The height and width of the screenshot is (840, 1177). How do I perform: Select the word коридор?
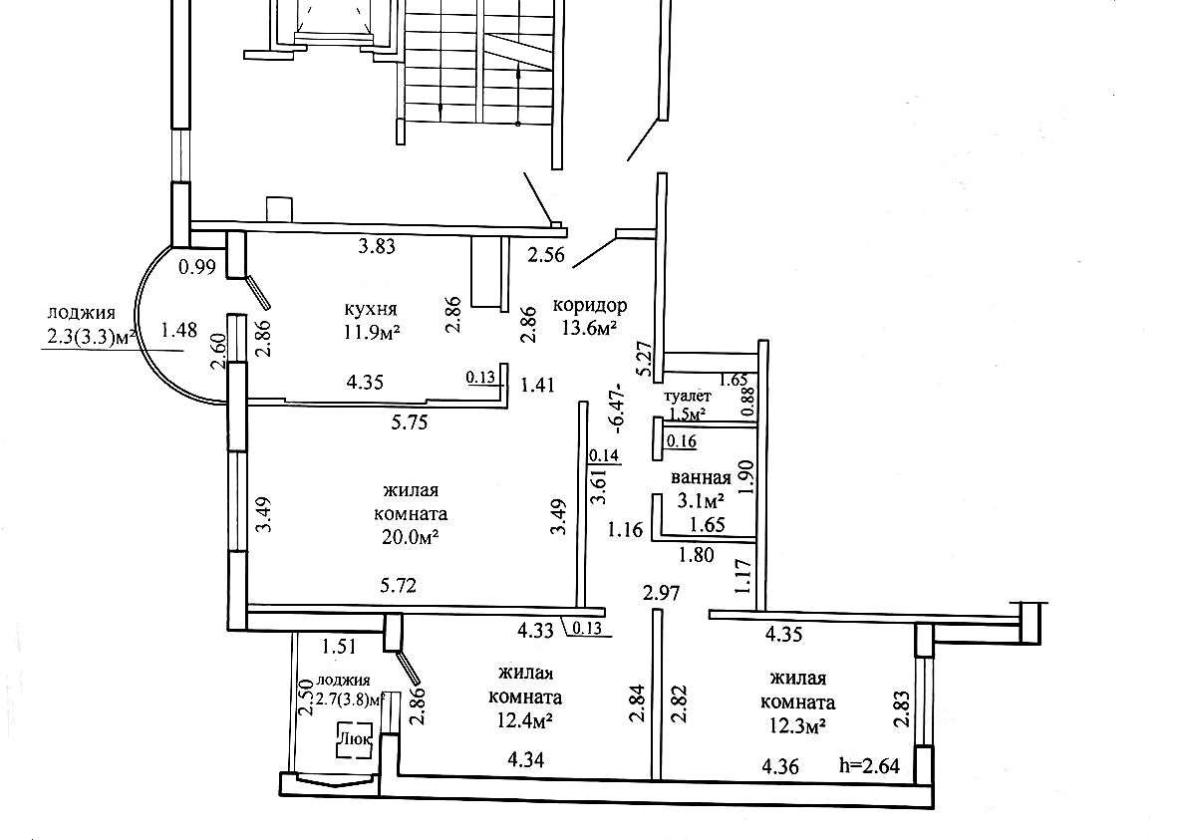(589, 306)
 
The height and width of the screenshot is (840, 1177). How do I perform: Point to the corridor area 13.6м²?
(591, 330)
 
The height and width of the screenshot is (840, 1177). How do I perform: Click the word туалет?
(687, 397)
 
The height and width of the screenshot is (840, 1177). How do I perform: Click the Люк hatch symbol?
(358, 739)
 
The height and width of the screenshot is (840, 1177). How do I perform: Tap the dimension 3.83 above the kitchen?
(377, 247)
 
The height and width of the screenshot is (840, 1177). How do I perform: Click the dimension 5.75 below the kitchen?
(411, 421)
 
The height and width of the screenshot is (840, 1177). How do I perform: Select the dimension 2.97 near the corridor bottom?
(661, 594)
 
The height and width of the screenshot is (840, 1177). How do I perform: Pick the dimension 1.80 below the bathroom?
(697, 555)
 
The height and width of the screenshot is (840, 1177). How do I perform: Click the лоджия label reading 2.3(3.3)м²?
(91, 338)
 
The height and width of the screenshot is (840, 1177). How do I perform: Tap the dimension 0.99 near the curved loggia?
(197, 266)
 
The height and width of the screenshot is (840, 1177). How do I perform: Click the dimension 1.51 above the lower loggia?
(341, 647)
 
